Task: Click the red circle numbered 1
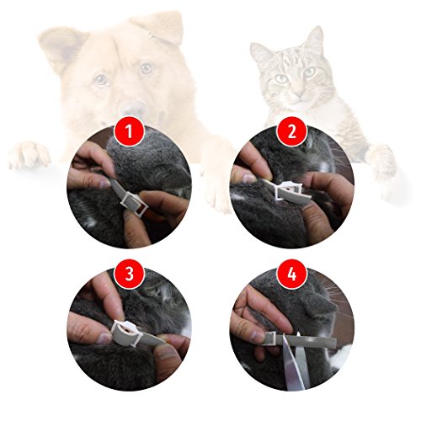coord(129,131)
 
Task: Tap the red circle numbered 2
coord(292,131)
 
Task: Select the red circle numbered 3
coord(129,274)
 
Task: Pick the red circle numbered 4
coord(292,274)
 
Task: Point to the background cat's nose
coord(300,93)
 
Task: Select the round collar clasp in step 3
coord(125,331)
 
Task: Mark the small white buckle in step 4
coord(272,339)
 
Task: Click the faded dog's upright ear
coord(61,48)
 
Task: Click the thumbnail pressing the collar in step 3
coord(104,338)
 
